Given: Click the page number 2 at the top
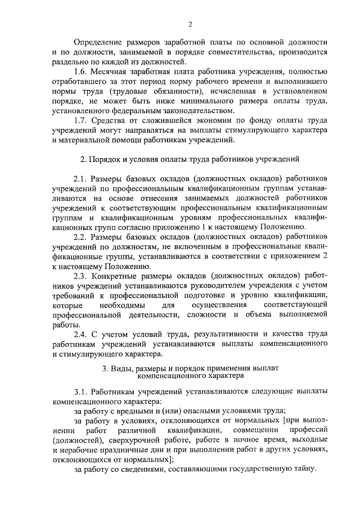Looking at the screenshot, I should coord(190,24).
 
